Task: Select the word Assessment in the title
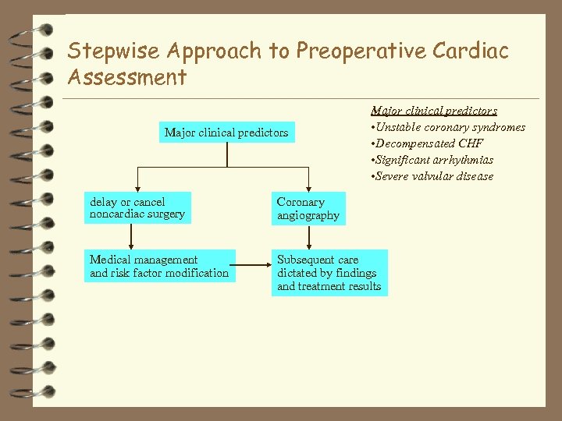point(126,77)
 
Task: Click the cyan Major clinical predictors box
point(226,133)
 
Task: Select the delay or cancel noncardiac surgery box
point(137,208)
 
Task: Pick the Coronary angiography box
point(308,209)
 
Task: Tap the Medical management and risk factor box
point(159,266)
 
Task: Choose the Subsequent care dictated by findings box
point(329,273)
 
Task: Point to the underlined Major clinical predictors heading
point(434,111)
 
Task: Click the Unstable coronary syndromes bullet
point(448,127)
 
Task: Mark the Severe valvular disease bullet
point(432,176)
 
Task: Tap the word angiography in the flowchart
point(308,216)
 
